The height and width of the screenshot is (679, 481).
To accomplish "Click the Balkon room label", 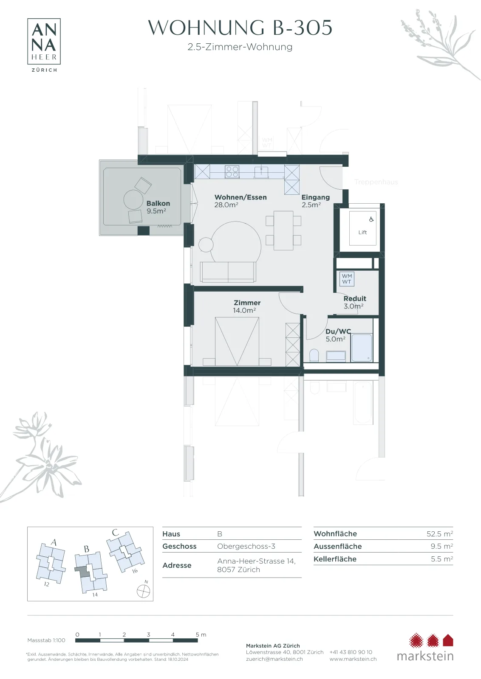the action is (158, 203).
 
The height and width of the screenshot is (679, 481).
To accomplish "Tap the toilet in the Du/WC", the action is (314, 355).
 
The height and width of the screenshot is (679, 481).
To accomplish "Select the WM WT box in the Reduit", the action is (347, 279).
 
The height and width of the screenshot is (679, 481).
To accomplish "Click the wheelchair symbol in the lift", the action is (371, 219).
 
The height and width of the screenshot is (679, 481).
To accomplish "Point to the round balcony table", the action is (133, 199).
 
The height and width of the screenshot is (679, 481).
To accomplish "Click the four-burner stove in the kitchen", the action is (232, 171).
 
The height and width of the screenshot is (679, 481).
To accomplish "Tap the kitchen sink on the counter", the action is (261, 172).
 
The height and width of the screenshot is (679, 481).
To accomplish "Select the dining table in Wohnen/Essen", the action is (283, 230).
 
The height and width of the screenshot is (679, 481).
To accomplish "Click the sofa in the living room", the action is (228, 272).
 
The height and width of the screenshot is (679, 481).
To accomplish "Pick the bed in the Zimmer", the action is (237, 341).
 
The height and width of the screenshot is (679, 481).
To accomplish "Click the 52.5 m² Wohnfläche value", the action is (439, 534).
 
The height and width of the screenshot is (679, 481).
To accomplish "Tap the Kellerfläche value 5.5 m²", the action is (442, 559).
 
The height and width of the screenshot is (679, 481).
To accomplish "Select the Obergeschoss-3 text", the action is (246, 546).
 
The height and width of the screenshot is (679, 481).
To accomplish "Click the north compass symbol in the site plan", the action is (144, 591).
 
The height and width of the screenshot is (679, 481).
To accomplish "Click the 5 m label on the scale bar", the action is (201, 634).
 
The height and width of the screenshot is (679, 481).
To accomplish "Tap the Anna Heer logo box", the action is (44, 41).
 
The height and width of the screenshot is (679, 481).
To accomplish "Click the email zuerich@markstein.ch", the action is (274, 659).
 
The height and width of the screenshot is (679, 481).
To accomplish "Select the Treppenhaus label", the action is (376, 182).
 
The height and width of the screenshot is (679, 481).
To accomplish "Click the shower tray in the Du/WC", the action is (362, 348).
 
